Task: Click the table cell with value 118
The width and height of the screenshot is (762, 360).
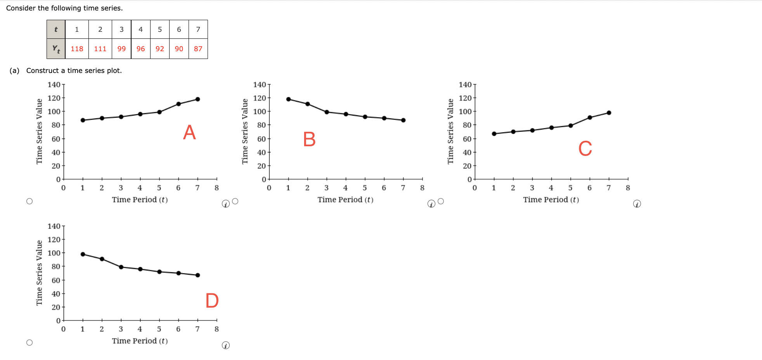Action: pyautogui.click(x=77, y=49)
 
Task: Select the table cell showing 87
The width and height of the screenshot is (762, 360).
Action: pyautogui.click(x=198, y=49)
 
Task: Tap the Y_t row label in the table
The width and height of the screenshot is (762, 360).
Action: pyautogui.click(x=56, y=49)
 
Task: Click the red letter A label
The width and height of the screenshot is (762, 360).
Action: pyautogui.click(x=189, y=133)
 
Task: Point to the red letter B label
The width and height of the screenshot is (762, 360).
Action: pyautogui.click(x=309, y=139)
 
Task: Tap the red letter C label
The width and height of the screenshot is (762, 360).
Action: pyautogui.click(x=585, y=149)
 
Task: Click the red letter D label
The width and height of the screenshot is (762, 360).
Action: pyautogui.click(x=212, y=301)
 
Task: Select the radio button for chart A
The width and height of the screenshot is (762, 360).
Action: pyautogui.click(x=29, y=201)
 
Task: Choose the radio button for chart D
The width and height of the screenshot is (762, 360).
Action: pyautogui.click(x=29, y=343)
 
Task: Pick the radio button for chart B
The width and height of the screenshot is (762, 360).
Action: pyautogui.click(x=235, y=201)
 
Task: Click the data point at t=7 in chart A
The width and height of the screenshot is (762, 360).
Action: pyautogui.click(x=197, y=99)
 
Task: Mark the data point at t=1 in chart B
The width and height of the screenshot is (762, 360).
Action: pyautogui.click(x=288, y=99)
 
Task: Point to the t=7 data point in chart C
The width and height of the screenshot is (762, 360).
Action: pyautogui.click(x=609, y=113)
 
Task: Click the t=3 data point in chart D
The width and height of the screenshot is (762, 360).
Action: pyautogui.click(x=121, y=267)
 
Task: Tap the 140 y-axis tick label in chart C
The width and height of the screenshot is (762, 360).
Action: pyautogui.click(x=465, y=85)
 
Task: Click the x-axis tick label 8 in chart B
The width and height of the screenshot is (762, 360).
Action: pyautogui.click(x=422, y=188)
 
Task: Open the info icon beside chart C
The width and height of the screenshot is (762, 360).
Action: pyautogui.click(x=637, y=204)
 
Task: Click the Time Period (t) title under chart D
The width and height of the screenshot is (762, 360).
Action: pyautogui.click(x=140, y=341)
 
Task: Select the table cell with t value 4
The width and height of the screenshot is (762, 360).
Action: pyautogui.click(x=140, y=29)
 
